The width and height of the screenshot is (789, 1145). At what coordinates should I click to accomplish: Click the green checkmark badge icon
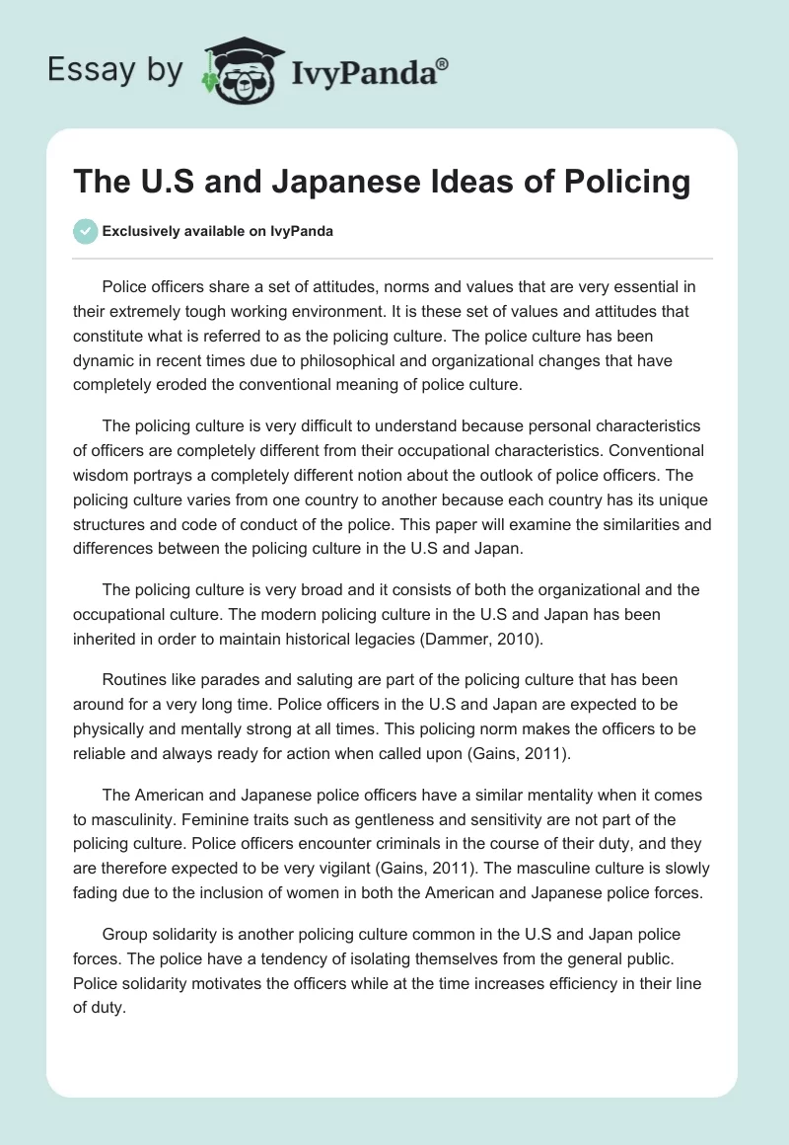86,231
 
